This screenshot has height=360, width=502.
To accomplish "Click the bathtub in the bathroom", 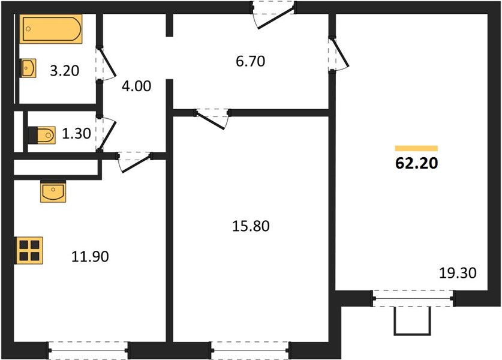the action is point(51,29).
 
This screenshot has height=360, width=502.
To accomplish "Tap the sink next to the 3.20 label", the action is point(29,68).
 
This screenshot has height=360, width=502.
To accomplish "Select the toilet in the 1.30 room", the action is point(42,135).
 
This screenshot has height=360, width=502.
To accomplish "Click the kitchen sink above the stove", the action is point(53,191).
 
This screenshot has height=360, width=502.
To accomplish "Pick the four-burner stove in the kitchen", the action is point(29,250).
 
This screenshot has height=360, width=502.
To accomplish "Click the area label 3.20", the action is point(65,71).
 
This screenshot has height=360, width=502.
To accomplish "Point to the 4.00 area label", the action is point(136,86).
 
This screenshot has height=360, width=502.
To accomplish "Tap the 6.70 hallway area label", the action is point(250,61).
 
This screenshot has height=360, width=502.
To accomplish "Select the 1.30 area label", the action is point(77,134).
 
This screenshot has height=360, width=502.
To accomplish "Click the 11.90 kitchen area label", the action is point(90,257).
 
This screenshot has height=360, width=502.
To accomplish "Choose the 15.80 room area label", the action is point(251,226).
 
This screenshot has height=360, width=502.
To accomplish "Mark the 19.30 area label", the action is point(458,273).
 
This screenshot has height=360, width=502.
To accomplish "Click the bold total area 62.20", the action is point(416,163).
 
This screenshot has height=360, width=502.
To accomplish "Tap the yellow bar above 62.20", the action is point(416,148).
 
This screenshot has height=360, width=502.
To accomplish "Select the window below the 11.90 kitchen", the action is point(88,350).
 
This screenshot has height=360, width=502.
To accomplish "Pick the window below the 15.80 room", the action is point(250,350).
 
